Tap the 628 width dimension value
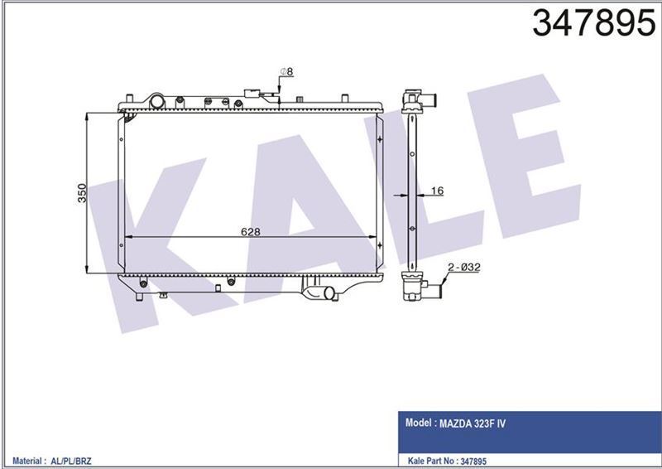(251, 232)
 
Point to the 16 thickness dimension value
(438, 191)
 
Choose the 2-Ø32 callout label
(459, 268)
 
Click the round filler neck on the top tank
(156, 100)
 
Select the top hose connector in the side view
(420, 102)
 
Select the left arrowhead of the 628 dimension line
(127, 238)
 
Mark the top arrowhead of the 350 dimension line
(89, 117)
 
